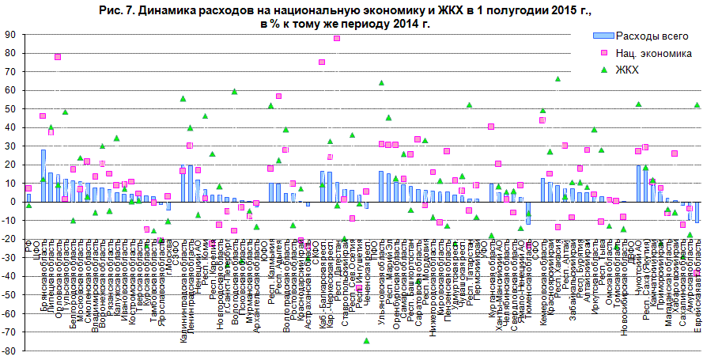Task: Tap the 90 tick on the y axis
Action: [x=10, y=35]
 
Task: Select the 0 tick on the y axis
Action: [x=13, y=201]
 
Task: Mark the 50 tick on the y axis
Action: [x=10, y=108]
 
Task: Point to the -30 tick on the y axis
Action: [x=10, y=256]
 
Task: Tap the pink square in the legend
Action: [x=603, y=53]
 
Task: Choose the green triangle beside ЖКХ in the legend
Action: [x=603, y=70]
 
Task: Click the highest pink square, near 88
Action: [x=337, y=38]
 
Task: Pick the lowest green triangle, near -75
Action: [x=367, y=340]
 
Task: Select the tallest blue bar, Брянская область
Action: [x=43, y=175]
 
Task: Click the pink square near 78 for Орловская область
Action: [x=58, y=57]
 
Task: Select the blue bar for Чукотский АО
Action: [x=638, y=183]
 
